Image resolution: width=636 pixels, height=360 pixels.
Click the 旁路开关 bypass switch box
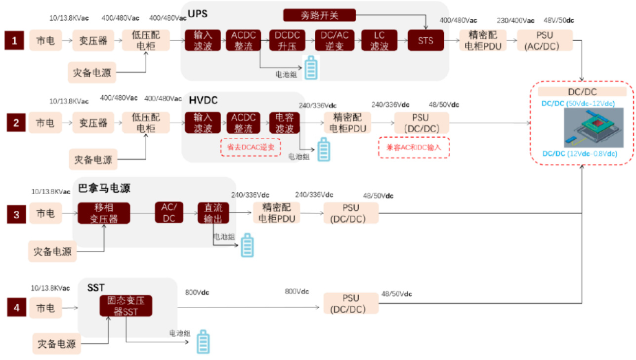click(320, 15)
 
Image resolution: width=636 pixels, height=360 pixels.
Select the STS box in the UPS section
click(425, 40)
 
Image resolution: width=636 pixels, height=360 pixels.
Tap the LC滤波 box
click(380, 40)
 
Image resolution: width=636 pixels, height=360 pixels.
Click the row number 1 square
click(15, 40)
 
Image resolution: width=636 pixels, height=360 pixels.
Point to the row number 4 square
click(17, 308)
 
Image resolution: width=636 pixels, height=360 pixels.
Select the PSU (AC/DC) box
click(544, 40)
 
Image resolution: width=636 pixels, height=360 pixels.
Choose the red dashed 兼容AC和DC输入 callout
click(414, 147)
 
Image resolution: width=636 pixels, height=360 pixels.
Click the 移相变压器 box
click(104, 213)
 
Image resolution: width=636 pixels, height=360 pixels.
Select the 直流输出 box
click(213, 213)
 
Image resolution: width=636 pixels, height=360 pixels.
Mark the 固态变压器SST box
click(126, 306)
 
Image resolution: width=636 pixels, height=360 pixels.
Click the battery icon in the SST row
click(203, 342)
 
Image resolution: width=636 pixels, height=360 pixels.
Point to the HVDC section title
click(204, 100)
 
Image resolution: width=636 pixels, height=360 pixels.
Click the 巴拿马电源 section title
click(104, 188)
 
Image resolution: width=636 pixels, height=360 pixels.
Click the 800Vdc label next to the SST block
click(197, 292)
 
